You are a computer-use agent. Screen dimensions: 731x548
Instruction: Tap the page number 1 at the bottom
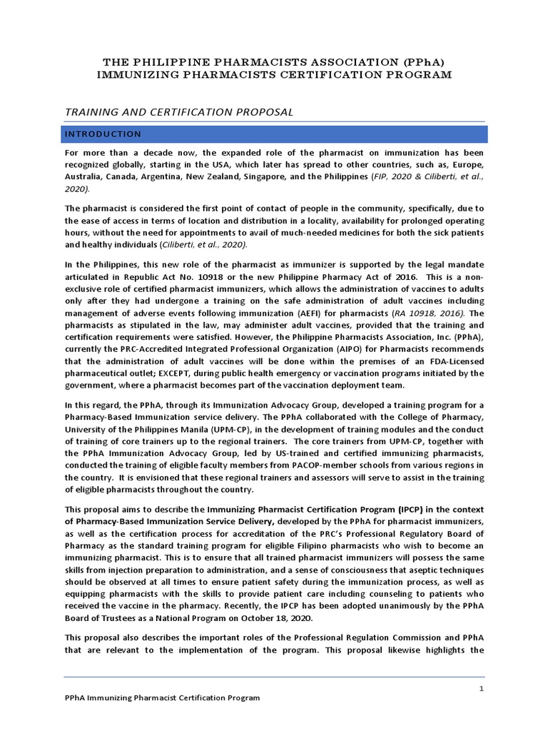(482, 688)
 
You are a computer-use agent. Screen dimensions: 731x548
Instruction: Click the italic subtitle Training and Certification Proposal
(179, 112)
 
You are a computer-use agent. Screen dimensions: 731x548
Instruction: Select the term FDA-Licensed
(455, 361)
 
